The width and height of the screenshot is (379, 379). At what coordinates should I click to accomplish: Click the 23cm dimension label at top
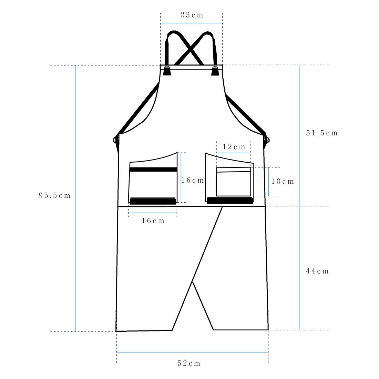pos(192,15)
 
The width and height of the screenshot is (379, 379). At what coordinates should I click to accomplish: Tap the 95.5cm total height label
pos(55,195)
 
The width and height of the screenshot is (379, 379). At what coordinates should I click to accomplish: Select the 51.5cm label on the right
pos(322,133)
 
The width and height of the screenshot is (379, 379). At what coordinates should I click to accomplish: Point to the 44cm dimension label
pos(317,271)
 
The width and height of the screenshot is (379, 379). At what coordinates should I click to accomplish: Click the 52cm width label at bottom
pos(189,363)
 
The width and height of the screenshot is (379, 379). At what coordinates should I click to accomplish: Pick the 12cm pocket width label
pos(234,147)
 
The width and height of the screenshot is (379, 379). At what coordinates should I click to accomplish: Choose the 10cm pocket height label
pos(283,181)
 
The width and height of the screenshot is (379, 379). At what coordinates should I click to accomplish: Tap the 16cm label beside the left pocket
pos(193,180)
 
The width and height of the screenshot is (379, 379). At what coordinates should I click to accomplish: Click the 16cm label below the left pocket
pos(153,221)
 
